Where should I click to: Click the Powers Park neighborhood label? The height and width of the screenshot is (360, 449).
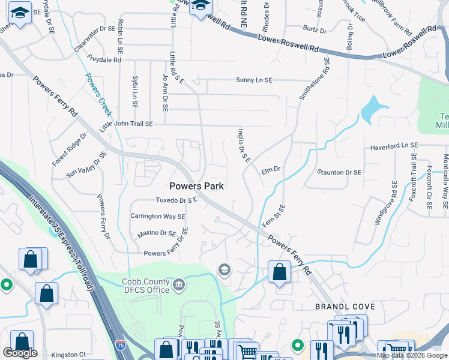[196, 186]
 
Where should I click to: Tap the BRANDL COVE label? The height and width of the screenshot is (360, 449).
[345, 306]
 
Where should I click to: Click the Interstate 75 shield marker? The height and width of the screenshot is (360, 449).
[119, 345]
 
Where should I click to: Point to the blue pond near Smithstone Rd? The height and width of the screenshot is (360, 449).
[373, 110]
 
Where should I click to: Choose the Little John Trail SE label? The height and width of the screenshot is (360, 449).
[126, 124]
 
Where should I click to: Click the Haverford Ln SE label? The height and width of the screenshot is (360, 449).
[393, 146]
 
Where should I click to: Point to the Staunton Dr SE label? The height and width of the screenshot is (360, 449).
[340, 172]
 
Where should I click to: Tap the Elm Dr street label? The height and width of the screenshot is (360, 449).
[271, 170]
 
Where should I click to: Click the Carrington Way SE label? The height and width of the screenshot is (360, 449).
[158, 216]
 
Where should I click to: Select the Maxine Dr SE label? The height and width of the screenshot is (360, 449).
[157, 233]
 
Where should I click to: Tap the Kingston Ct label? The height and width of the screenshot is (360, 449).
[68, 355]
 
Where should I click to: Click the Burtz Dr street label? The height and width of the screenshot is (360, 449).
[315, 29]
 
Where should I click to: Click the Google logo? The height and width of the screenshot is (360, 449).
[20, 353]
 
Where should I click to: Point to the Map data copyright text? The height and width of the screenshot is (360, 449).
[411, 355]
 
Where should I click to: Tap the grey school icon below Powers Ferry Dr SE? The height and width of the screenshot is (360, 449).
[224, 269]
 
